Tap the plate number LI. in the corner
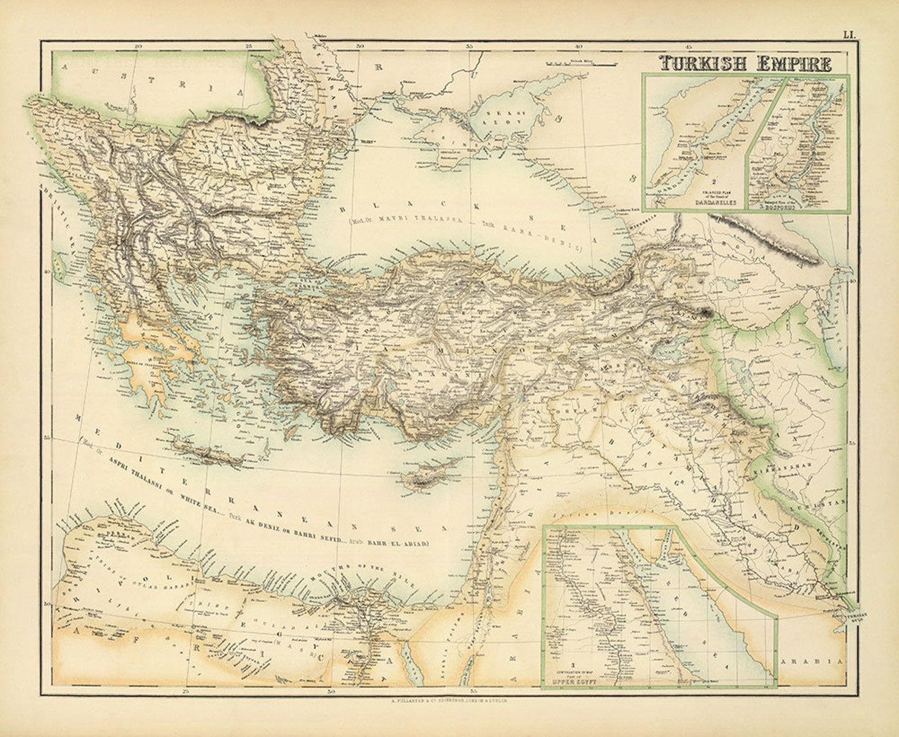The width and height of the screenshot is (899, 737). pos(849,35)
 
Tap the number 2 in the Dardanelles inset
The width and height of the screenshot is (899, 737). pos(714,182)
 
